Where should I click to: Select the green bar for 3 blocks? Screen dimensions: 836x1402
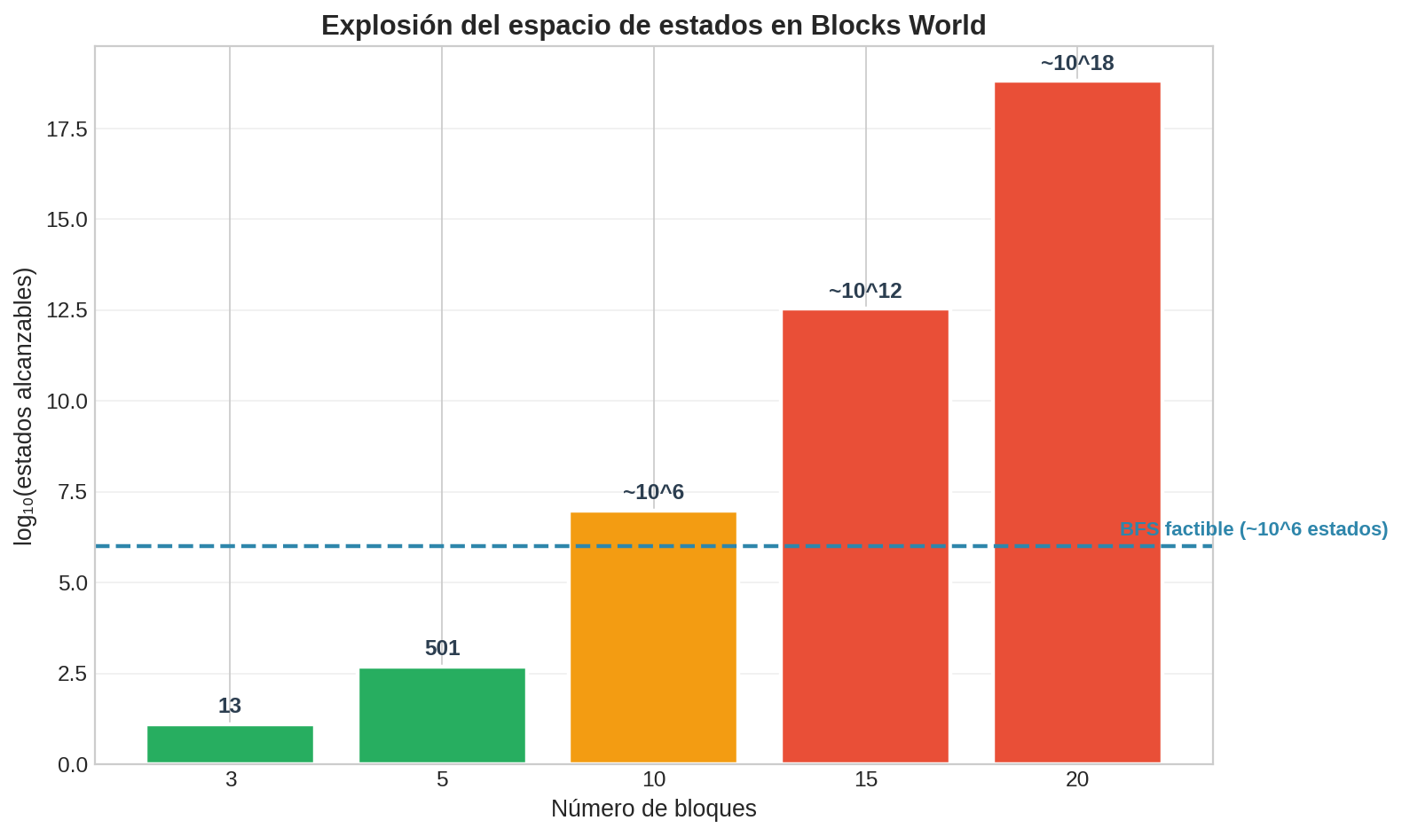pyautogui.click(x=230, y=744)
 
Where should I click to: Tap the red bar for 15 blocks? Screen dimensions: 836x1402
pyautogui.click(x=865, y=535)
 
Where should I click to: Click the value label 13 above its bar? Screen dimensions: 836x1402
pyautogui.click(x=230, y=707)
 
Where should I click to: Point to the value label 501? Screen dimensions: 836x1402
pyautogui.click(x=442, y=648)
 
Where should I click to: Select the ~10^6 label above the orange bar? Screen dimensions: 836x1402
pyautogui.click(x=653, y=493)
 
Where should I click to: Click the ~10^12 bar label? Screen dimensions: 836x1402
pyautogui.click(x=865, y=292)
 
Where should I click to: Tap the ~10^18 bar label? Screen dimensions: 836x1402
pyautogui.click(x=1077, y=64)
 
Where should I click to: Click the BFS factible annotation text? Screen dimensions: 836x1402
pyautogui.click(x=1253, y=530)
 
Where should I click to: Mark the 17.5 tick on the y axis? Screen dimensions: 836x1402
pyautogui.click(x=67, y=129)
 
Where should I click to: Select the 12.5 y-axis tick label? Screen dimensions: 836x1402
pyautogui.click(x=67, y=311)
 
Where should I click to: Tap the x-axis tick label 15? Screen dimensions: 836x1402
pyautogui.click(x=865, y=781)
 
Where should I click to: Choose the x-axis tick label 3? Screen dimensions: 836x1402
pyautogui.click(x=231, y=781)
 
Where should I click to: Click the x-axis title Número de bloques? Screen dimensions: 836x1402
pyautogui.click(x=653, y=809)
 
